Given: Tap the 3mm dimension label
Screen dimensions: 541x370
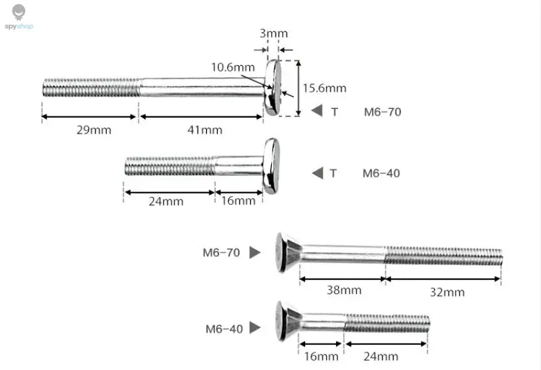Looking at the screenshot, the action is click(274, 33).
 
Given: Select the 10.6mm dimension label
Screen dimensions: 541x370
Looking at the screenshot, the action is click(233, 67).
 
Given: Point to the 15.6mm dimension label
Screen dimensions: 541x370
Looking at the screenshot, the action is click(325, 88).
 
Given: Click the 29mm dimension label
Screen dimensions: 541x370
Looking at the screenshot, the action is click(94, 130).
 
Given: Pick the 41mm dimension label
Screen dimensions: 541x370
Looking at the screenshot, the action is click(205, 130).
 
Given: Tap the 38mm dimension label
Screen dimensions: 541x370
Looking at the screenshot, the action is click(344, 290).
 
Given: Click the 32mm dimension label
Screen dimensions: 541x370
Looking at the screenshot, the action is click(447, 292).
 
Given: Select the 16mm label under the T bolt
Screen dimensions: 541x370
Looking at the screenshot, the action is click(238, 200).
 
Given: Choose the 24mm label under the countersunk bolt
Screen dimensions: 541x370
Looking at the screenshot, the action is click(381, 356).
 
